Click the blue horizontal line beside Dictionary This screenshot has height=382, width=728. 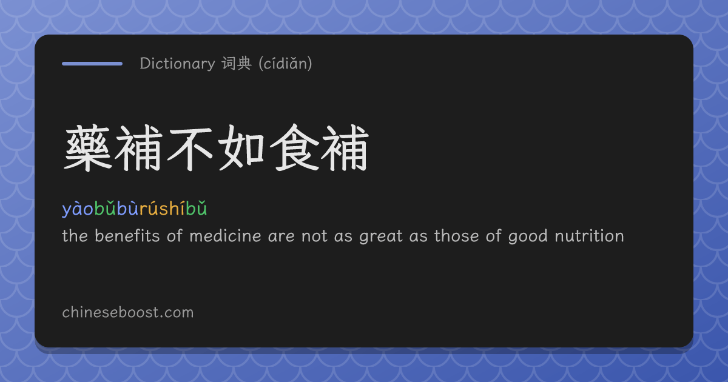pos(92,64)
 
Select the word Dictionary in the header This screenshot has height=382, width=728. pos(177,64)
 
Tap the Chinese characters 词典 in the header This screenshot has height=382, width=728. pos(237,63)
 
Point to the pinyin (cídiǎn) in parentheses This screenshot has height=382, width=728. pos(285,64)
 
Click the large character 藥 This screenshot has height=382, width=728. pos(87,148)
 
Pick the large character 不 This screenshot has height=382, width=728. pos(190,148)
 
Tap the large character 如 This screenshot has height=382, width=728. pos(241,148)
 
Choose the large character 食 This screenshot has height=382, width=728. pos(294,148)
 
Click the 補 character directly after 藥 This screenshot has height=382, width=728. pos(139,148)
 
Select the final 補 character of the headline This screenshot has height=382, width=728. pos(345,148)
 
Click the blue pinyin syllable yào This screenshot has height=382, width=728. pos(78,209)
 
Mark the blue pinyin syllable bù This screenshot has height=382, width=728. pos(128,208)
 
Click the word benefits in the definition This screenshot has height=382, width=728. pos(127,236)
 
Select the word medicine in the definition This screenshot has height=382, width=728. pos(225,236)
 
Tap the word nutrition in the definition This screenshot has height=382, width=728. pos(589,236)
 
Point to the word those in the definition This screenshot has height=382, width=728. pos(457,236)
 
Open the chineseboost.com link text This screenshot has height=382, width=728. pos(128,312)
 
